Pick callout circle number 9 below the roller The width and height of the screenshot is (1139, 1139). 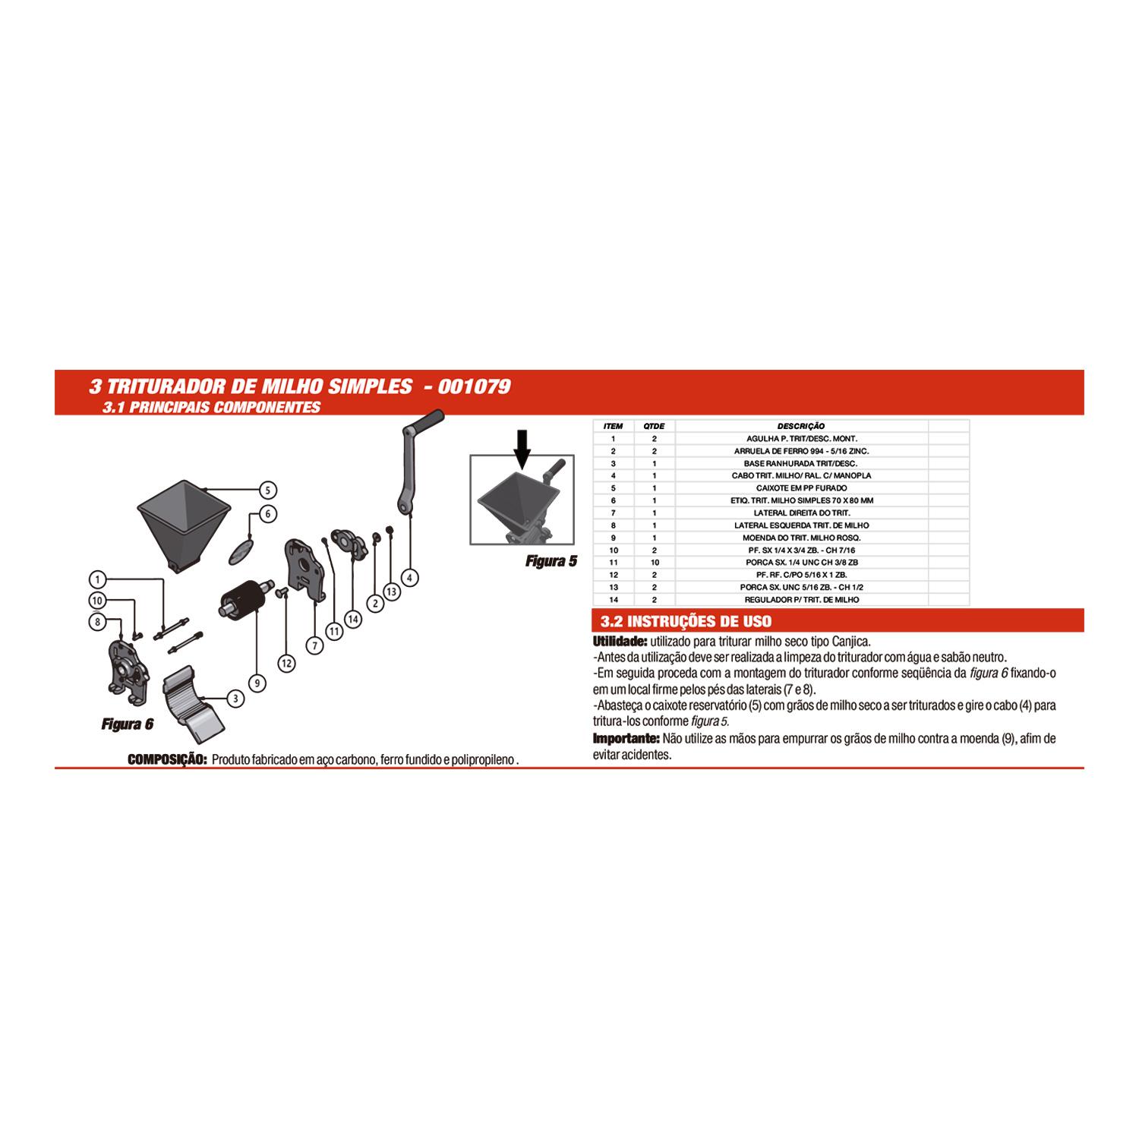(x=257, y=683)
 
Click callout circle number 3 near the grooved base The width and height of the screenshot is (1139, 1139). (x=236, y=699)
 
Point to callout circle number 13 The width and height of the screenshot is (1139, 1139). (x=391, y=592)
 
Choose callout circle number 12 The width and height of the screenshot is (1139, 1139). (x=286, y=663)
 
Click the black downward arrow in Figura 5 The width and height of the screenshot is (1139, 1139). (x=522, y=448)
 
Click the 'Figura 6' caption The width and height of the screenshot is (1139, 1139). (x=128, y=724)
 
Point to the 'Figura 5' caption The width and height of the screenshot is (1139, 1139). (x=551, y=561)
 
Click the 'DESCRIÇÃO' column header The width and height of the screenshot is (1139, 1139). (x=801, y=426)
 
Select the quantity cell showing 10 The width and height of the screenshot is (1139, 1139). (x=654, y=562)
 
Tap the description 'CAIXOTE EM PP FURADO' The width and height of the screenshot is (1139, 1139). (x=801, y=487)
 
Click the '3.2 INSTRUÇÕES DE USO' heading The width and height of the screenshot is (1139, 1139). (x=686, y=621)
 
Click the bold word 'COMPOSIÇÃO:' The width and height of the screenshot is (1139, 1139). (x=167, y=759)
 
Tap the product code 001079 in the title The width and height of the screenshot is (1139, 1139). (x=475, y=387)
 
